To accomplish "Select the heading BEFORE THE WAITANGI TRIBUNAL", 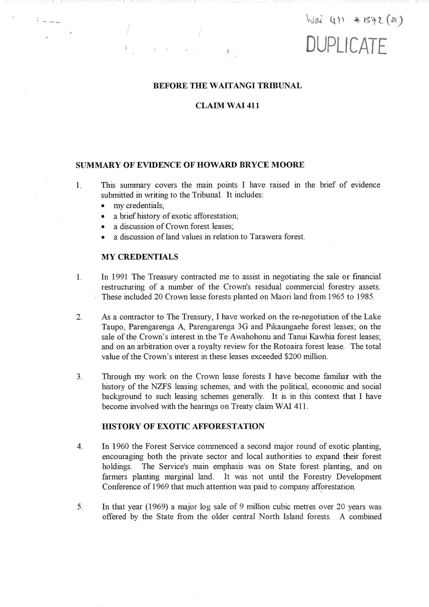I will [x=228, y=85].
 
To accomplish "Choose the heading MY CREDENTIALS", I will [x=139, y=257].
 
